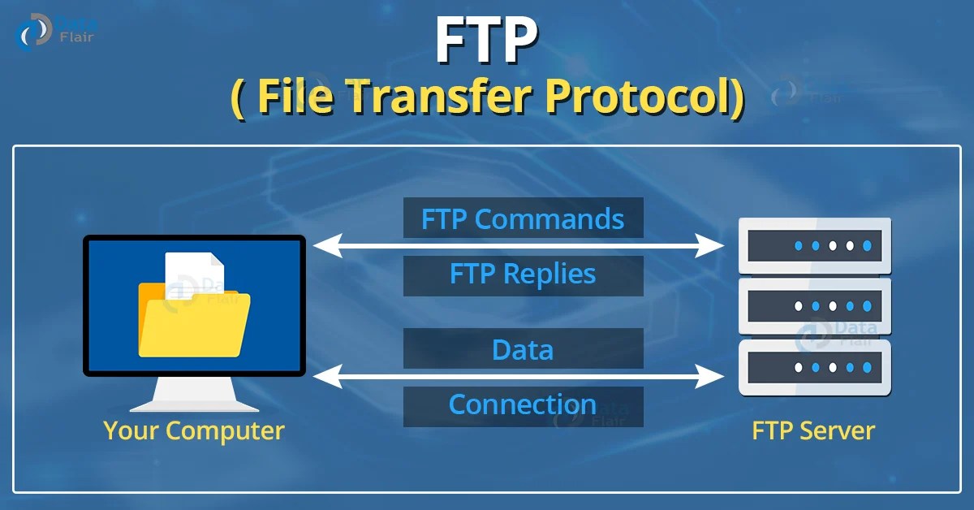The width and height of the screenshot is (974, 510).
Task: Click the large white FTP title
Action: pos(486,41)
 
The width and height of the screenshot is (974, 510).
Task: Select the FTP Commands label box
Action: pos(523,218)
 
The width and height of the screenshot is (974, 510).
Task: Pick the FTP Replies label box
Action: pos(523,274)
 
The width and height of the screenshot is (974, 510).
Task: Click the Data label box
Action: pos(523,349)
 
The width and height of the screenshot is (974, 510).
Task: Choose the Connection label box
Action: pos(523,404)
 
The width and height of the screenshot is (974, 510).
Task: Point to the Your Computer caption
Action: pos(194,430)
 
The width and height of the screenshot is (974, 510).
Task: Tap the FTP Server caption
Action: pos(813,430)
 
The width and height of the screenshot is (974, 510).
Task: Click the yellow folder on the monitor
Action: pos(195,321)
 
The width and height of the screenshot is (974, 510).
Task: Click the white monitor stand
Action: pos(195,395)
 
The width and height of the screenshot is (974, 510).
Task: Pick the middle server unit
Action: pos(815,306)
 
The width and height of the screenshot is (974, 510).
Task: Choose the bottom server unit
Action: pos(815,367)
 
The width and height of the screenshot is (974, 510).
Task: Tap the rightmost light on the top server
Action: pos(867,245)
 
